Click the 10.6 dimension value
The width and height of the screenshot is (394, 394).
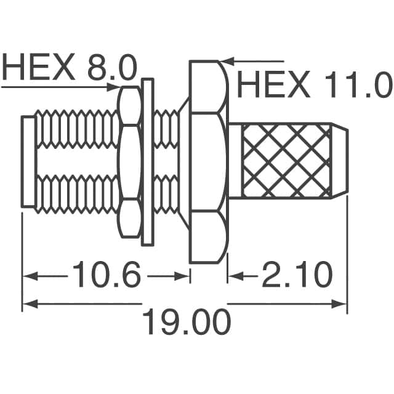(107, 275)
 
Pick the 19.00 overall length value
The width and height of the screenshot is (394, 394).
(187, 321)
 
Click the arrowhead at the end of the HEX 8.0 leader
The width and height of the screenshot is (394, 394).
(117, 86)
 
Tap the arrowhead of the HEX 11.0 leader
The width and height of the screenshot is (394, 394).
(226, 61)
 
